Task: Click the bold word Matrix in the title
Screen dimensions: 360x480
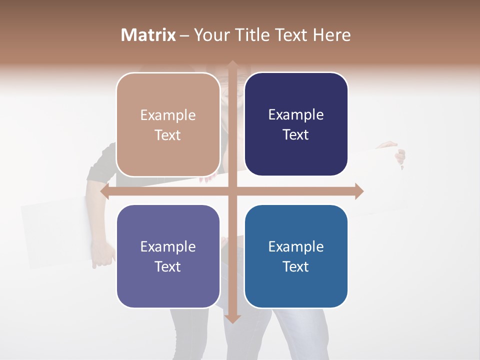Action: tap(148, 35)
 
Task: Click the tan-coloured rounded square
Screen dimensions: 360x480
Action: tap(168, 124)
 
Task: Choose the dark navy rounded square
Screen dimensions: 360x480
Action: tap(296, 124)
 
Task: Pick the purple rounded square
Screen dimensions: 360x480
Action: tap(168, 256)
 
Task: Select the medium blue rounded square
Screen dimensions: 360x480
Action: tap(296, 256)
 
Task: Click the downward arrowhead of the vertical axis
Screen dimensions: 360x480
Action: tap(232, 318)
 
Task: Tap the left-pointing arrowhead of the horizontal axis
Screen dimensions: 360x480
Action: tap(104, 191)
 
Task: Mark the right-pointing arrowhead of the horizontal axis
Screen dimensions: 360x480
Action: tap(359, 191)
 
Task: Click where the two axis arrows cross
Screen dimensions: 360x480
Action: tap(232, 191)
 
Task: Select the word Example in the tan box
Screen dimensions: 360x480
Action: tap(168, 115)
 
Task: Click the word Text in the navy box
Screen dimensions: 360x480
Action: tap(296, 135)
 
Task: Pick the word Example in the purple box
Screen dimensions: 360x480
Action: tap(168, 247)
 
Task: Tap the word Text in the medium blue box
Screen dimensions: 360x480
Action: tap(296, 266)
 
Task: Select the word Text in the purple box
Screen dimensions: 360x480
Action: tap(168, 266)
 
